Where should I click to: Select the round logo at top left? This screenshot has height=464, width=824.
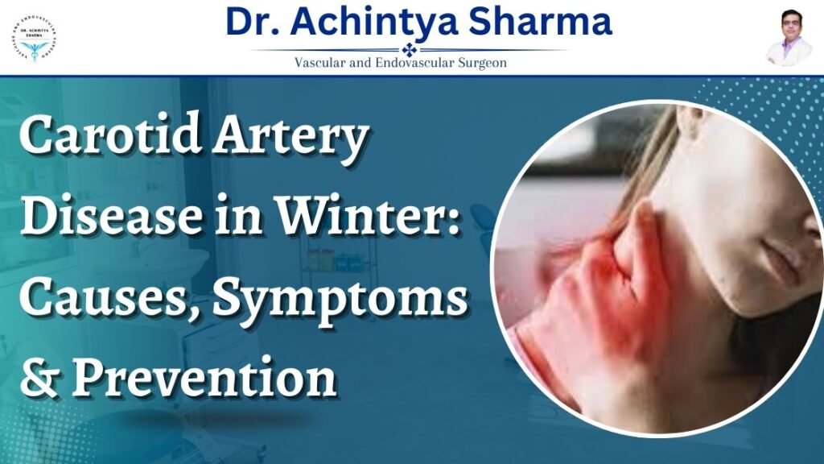point(35,38)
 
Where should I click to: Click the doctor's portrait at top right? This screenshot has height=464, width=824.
point(788,37)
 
